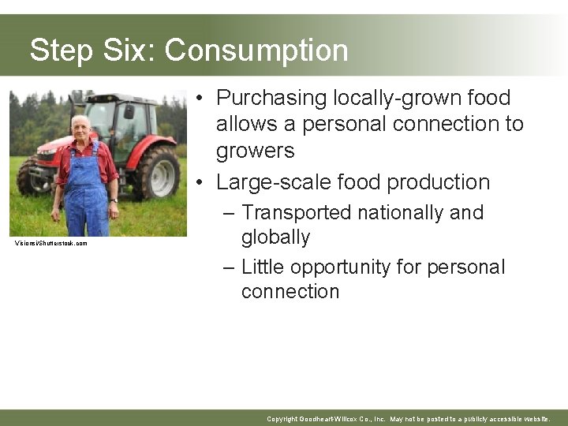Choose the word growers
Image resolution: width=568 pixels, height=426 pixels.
255,151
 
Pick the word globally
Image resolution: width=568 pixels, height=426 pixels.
275,237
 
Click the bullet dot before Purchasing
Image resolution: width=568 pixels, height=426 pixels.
203,99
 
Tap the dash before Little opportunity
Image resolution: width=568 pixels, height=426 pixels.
229,267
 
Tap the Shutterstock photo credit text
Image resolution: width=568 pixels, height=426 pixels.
51,243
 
